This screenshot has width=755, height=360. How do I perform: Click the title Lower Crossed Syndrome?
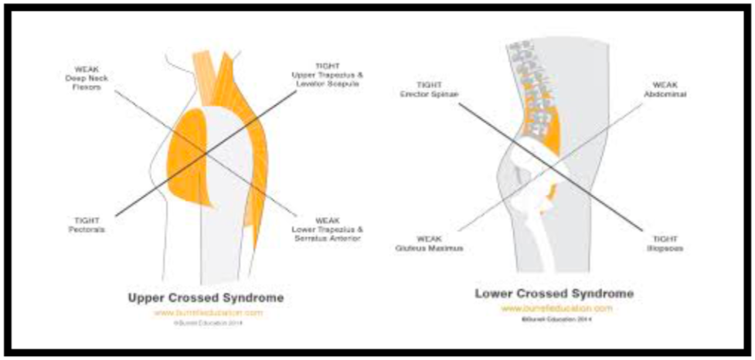pyautogui.click(x=554, y=294)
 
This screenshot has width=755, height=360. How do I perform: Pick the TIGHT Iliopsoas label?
pyautogui.click(x=666, y=245)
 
